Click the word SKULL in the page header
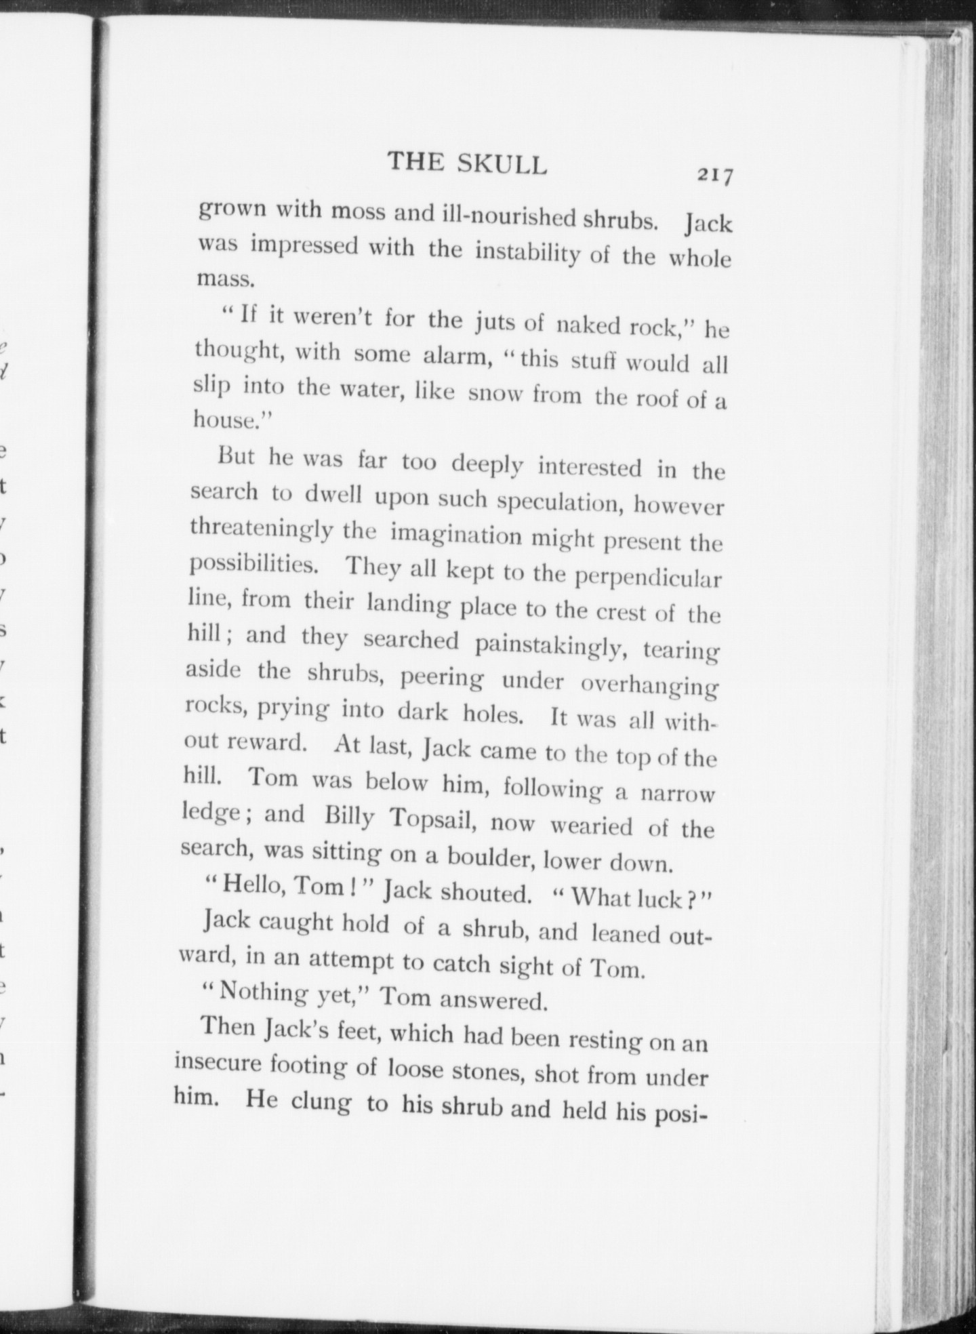pos(502,165)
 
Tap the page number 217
pos(715,176)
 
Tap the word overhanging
pos(648,685)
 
